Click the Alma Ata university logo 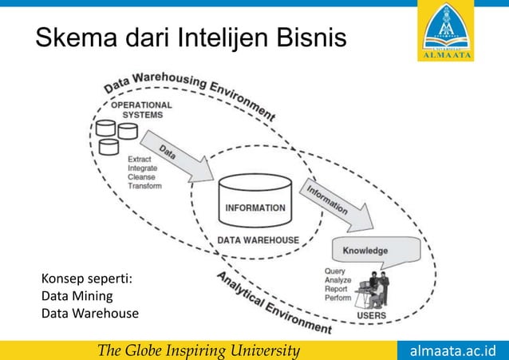coord(445,32)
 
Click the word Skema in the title coord(75,37)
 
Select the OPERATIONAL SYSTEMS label coord(141,109)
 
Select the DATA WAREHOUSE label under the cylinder coord(258,240)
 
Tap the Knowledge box coord(365,251)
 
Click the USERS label coord(373,315)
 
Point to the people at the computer coord(372,288)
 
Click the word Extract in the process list coord(141,160)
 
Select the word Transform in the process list coord(144,186)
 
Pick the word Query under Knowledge coord(335,271)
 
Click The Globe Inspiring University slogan coord(198,350)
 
